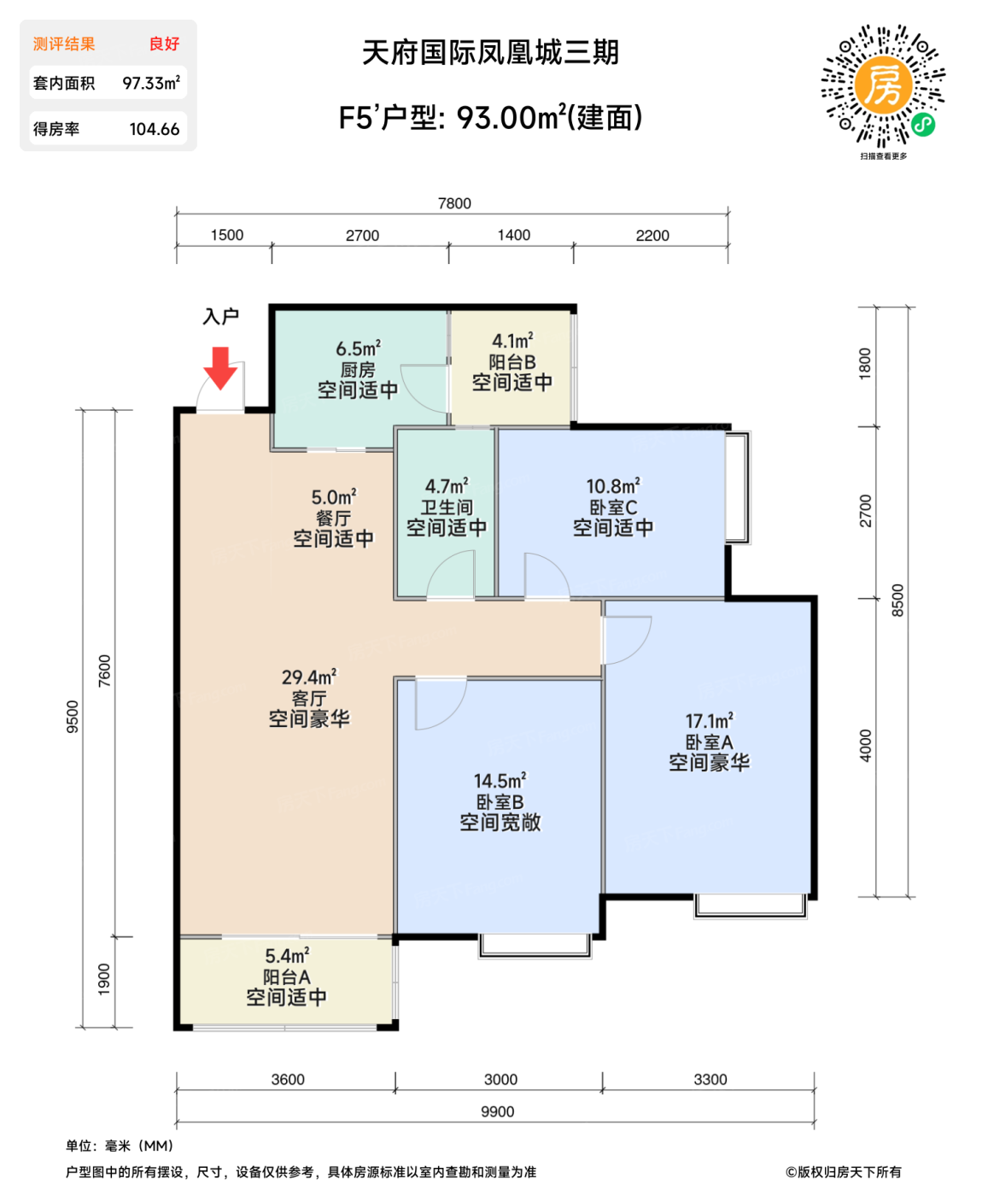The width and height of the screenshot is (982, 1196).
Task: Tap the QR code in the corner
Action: (x=884, y=86)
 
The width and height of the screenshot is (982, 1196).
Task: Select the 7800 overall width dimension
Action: (x=454, y=203)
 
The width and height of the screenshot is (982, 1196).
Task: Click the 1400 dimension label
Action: (x=514, y=235)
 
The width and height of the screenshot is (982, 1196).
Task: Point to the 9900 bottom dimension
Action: (x=497, y=1111)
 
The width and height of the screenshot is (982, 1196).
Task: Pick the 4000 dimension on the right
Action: (x=866, y=745)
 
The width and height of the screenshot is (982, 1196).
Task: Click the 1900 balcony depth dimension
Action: (x=104, y=979)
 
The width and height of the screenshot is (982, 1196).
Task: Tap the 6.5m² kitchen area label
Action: (x=358, y=349)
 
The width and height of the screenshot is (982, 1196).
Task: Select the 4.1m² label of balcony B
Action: (x=512, y=341)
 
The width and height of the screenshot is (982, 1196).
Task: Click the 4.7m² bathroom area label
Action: (x=447, y=486)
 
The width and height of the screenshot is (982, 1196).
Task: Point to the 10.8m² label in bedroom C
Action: (x=612, y=486)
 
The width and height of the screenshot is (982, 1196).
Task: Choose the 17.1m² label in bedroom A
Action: (x=709, y=721)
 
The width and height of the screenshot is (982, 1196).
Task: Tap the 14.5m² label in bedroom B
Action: (x=500, y=781)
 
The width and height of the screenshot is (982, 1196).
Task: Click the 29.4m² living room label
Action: (x=309, y=677)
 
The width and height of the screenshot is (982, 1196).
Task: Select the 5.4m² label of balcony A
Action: (x=287, y=956)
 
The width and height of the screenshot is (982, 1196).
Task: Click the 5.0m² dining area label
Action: (x=334, y=497)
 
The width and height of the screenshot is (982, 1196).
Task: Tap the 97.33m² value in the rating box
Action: (x=151, y=83)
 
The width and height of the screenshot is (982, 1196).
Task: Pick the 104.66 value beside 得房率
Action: (x=155, y=129)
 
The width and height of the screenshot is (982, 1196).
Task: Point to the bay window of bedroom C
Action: (x=737, y=488)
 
